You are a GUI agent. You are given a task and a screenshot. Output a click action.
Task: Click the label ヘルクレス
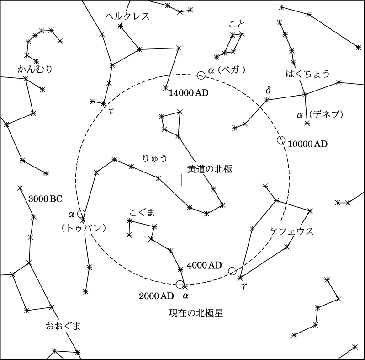pyautogui.click(x=127, y=16)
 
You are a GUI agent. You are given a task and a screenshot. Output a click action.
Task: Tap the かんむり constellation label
pyautogui.click(x=35, y=69)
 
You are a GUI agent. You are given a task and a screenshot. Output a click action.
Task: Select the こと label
pyautogui.click(x=237, y=24)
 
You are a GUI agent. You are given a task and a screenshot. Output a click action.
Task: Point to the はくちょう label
pyautogui.click(x=307, y=74)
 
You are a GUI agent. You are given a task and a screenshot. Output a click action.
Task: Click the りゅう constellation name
pyautogui.click(x=155, y=158)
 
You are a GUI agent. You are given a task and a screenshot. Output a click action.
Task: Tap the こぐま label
pyautogui.click(x=142, y=212)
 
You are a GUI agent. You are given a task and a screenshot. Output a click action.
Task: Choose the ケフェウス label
pyautogui.click(x=291, y=231)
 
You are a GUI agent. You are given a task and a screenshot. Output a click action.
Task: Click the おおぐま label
pyautogui.click(x=63, y=326)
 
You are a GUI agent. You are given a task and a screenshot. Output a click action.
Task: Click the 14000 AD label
pyautogui.click(x=189, y=93)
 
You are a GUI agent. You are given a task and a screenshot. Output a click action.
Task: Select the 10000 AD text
pyautogui.click(x=308, y=144)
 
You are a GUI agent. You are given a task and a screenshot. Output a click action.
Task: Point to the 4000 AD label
pyautogui.click(x=204, y=265)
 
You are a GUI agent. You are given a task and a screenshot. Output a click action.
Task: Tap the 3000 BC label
pyautogui.click(x=45, y=199)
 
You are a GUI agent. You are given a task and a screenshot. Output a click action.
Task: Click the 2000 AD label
pyautogui.click(x=156, y=296)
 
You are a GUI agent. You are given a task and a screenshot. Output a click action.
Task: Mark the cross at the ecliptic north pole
pyautogui.click(x=182, y=180)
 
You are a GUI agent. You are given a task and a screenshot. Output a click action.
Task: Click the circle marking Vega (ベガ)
pyautogui.click(x=201, y=75)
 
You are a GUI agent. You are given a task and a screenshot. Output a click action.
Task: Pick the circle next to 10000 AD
pyautogui.click(x=281, y=140)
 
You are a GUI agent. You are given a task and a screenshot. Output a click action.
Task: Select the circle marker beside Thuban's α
pyautogui.click(x=81, y=214)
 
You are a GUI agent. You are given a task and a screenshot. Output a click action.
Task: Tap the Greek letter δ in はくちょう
pyautogui.click(x=269, y=90)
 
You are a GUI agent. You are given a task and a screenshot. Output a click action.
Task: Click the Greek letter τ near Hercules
pyautogui.click(x=111, y=112)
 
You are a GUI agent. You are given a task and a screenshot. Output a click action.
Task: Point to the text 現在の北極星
pyautogui.click(x=196, y=313)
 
